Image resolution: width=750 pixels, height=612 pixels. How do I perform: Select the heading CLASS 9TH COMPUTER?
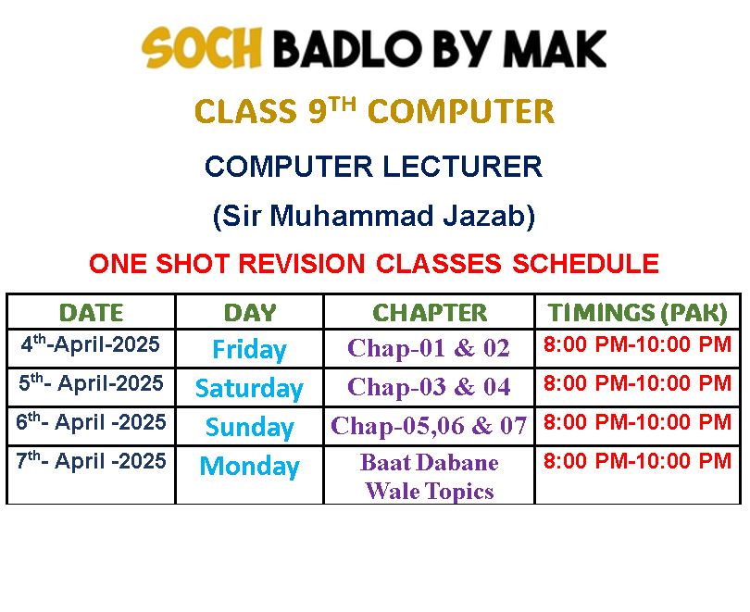pyautogui.click(x=374, y=111)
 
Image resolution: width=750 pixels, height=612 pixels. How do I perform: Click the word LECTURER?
pyautogui.click(x=463, y=167)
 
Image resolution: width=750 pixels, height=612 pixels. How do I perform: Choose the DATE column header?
pyautogui.click(x=92, y=313)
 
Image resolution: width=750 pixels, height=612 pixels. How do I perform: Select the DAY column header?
pyautogui.click(x=250, y=313)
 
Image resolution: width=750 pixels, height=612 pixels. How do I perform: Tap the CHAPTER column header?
pyautogui.click(x=430, y=313)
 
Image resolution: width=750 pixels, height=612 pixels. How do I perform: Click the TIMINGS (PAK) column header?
pyautogui.click(x=638, y=313)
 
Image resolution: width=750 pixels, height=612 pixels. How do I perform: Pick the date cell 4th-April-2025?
pyautogui.click(x=90, y=343)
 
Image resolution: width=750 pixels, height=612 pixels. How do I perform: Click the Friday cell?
pyautogui.click(x=249, y=349)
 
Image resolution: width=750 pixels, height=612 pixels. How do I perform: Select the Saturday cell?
pyautogui.click(x=249, y=388)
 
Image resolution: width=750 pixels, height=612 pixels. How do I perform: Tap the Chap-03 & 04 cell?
pyautogui.click(x=429, y=386)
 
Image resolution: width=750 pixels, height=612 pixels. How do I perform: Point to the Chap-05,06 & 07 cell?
pyautogui.click(x=429, y=425)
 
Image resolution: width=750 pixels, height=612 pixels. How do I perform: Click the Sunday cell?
pyautogui.click(x=249, y=427)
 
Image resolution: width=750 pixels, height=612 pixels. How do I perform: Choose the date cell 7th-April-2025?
pyautogui.click(x=91, y=460)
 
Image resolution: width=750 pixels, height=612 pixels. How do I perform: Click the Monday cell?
pyautogui.click(x=249, y=466)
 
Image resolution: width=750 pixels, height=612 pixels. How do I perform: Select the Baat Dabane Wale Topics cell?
pyautogui.click(x=429, y=477)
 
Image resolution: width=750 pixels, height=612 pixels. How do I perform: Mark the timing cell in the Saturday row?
pyautogui.click(x=638, y=383)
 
